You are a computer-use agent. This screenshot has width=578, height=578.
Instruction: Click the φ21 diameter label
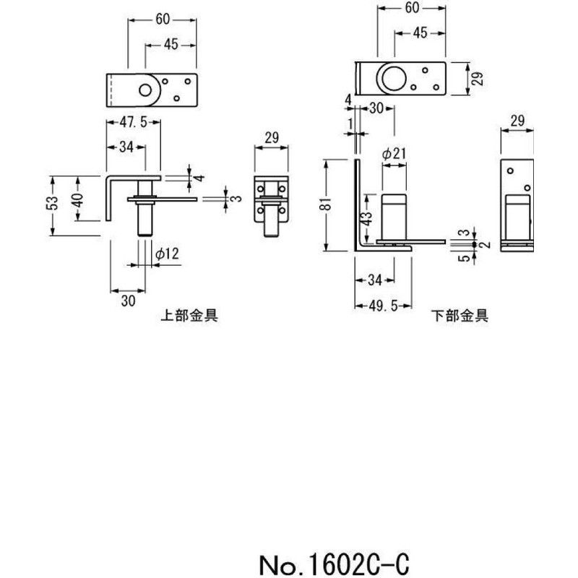click(x=393, y=153)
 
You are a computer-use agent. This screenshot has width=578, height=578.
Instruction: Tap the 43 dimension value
click(x=368, y=216)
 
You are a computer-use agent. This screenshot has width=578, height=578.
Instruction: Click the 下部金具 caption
click(x=460, y=315)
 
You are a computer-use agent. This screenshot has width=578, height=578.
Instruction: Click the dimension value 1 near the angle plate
click(x=350, y=124)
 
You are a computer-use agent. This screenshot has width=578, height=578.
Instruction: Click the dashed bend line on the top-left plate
click(x=111, y=91)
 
